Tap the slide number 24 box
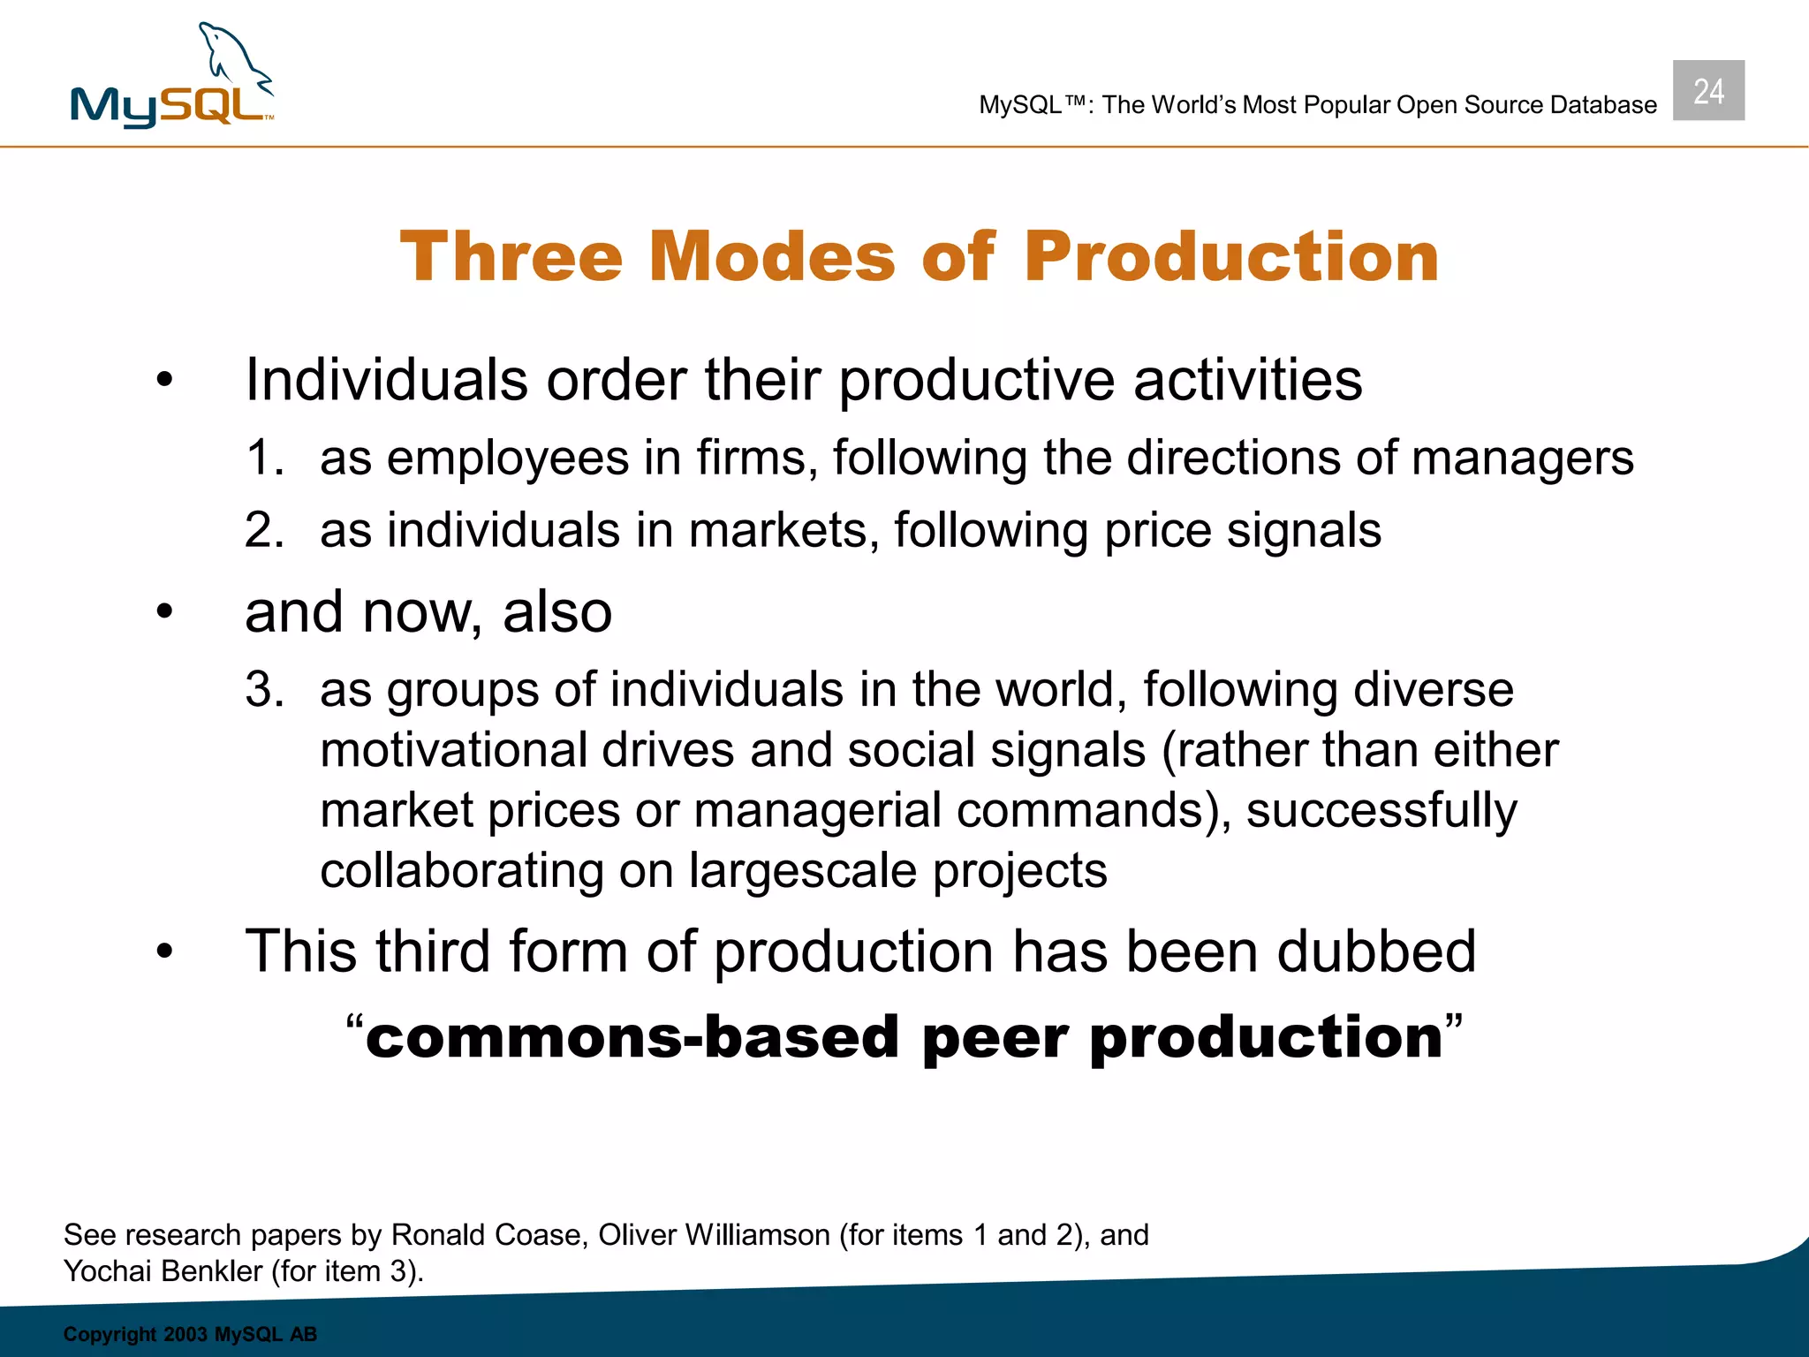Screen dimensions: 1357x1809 point(1708,91)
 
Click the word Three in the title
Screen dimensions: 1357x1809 point(511,257)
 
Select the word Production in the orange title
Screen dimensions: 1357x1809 point(1231,257)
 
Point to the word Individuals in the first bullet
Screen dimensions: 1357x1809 point(386,380)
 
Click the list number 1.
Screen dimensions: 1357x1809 point(263,459)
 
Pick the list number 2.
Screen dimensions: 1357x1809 point(263,531)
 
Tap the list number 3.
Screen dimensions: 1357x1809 point(263,690)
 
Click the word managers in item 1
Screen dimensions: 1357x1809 point(1522,459)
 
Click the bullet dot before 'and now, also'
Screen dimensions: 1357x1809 point(164,612)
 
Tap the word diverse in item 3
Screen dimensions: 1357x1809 point(1433,690)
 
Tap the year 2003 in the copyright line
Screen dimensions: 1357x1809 point(185,1334)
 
